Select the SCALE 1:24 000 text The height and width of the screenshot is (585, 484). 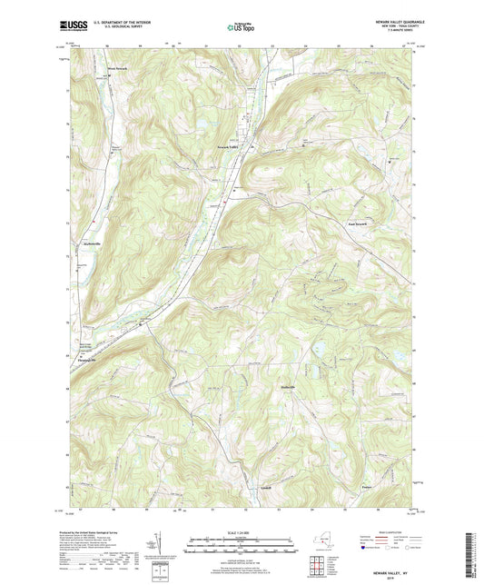[241, 532]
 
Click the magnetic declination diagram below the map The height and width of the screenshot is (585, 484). [163, 549]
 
